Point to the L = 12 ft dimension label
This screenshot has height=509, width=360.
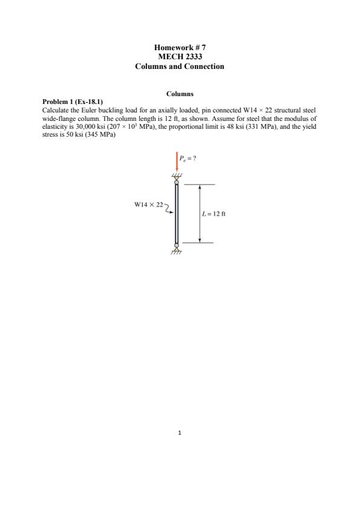point(212,214)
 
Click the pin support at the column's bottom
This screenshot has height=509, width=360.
point(177,247)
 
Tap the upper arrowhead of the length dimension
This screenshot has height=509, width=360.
point(199,187)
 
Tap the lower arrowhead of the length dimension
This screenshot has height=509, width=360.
point(199,239)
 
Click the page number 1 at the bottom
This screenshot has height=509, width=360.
point(180,433)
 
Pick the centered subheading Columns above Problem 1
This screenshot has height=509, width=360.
point(180,94)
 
